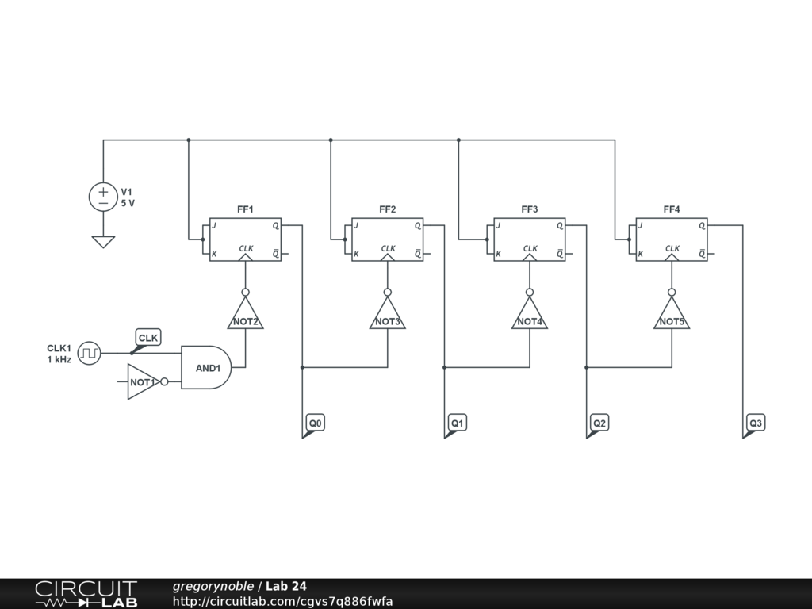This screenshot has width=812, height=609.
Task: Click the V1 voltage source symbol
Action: click(x=103, y=197)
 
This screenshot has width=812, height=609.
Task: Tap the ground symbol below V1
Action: click(x=103, y=241)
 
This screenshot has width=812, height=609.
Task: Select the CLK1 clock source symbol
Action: click(x=90, y=353)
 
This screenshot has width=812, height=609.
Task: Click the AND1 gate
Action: click(x=206, y=367)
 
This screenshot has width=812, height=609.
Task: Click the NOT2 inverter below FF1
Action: click(x=245, y=316)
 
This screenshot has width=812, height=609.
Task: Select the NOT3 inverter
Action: click(x=387, y=316)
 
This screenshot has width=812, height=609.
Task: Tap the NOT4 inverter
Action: click(x=529, y=316)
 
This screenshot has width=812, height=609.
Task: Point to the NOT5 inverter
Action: click(x=672, y=316)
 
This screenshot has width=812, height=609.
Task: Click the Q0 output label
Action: click(x=316, y=423)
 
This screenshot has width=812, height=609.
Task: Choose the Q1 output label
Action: click(x=458, y=423)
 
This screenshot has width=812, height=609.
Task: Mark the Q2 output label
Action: click(x=599, y=423)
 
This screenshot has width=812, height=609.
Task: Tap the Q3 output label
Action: click(x=756, y=423)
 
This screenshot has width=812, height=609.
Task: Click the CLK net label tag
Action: click(x=148, y=339)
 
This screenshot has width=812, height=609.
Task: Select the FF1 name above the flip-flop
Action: click(x=245, y=209)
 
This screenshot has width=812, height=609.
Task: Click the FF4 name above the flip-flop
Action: click(x=672, y=209)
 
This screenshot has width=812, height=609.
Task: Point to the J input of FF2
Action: click(x=357, y=226)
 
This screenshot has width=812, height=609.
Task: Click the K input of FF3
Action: click(x=498, y=254)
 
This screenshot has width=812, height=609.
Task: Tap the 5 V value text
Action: click(x=128, y=204)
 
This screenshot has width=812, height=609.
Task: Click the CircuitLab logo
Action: click(x=86, y=594)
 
